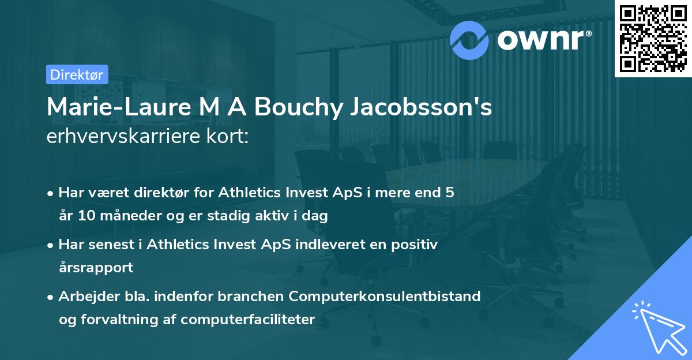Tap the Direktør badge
[x=77, y=74]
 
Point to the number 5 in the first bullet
[x=449, y=193]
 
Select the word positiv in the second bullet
[x=415, y=245]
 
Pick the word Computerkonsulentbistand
[x=385, y=297]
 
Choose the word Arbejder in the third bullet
[x=85, y=297]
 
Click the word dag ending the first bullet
[x=315, y=216]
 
